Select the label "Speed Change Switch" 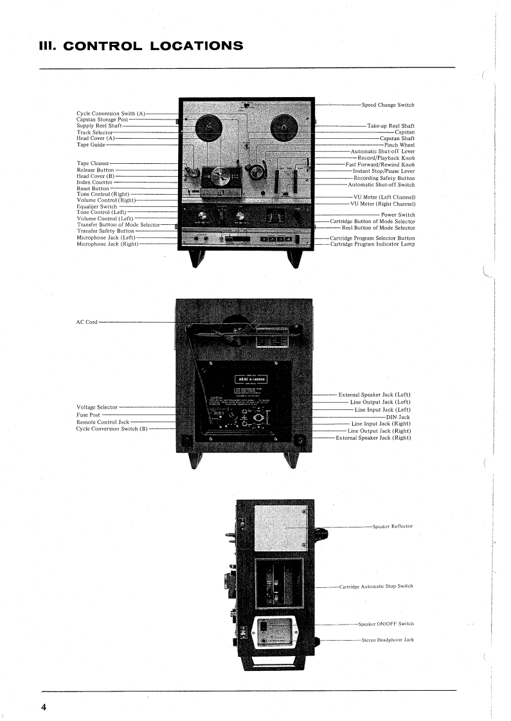(388, 105)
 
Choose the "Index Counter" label (94, 182)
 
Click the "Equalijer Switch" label (97, 206)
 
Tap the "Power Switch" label (398, 215)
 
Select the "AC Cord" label (87, 321)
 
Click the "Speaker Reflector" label (392, 526)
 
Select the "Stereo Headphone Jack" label (388, 640)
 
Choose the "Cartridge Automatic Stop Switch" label (376, 586)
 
